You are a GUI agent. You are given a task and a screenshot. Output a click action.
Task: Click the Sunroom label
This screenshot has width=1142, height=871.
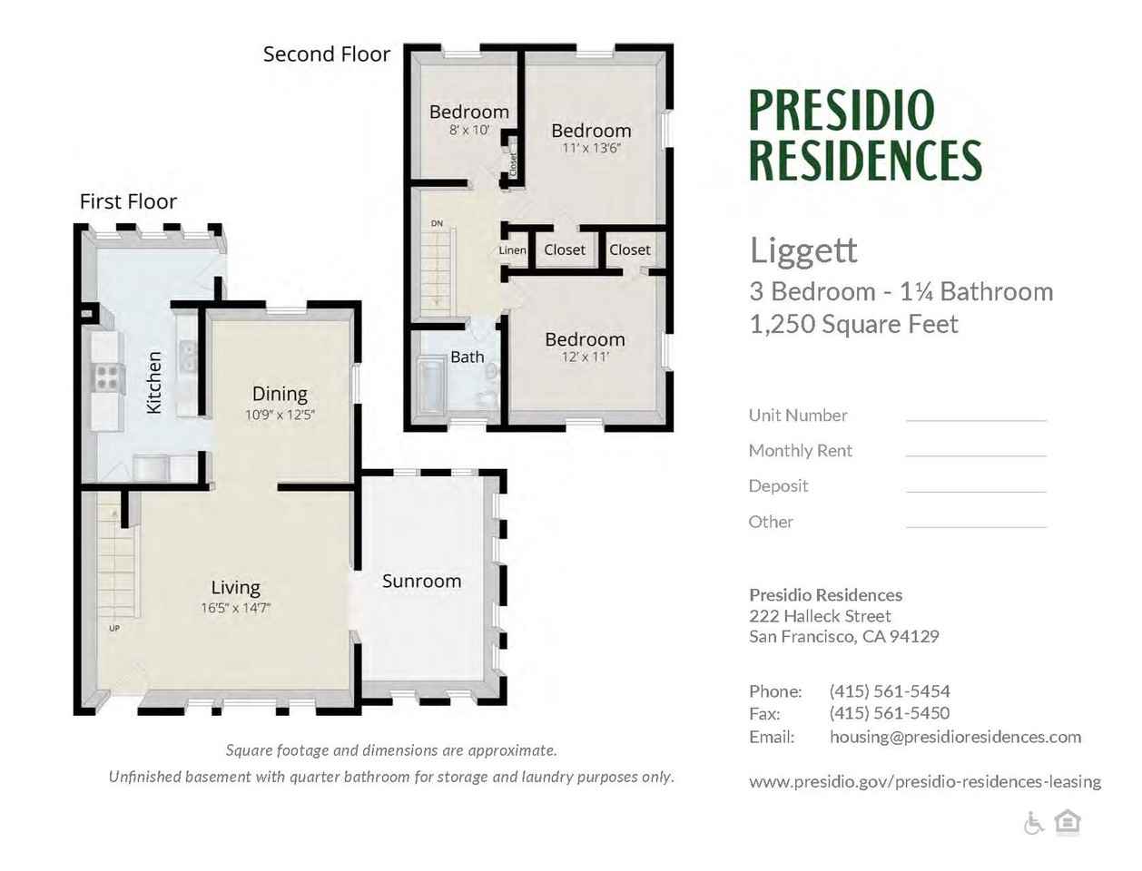[421, 581]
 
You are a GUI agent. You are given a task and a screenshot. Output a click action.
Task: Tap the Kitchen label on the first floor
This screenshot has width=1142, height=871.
[154, 383]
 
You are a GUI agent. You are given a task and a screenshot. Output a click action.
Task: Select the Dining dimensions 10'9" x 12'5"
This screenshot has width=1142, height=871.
[280, 416]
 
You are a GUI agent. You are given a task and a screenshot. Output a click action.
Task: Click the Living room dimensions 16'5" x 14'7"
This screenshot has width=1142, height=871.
[235, 608]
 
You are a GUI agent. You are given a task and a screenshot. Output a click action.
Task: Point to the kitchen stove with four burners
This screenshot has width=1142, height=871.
[107, 377]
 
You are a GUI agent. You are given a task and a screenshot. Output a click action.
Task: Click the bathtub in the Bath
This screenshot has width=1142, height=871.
[430, 387]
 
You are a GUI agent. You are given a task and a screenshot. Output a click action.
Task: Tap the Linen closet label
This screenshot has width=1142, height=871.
[512, 250]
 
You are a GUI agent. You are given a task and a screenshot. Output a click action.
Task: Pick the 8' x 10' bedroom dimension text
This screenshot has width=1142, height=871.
[469, 130]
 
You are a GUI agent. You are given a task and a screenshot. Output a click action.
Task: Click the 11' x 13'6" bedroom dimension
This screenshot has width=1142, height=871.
[591, 149]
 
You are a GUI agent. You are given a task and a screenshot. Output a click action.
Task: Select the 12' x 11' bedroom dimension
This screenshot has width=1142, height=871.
[585, 357]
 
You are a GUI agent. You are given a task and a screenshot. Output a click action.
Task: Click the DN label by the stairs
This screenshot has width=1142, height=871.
[437, 223]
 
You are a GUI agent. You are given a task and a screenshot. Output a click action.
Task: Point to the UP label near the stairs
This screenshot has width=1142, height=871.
[113, 628]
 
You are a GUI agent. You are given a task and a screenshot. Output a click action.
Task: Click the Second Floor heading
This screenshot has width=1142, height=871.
[327, 54]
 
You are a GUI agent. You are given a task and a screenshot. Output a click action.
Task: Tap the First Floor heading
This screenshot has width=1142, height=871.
[128, 201]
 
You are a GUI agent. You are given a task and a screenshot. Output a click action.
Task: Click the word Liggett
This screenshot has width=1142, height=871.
[803, 251]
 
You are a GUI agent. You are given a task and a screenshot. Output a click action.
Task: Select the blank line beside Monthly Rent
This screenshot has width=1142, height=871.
[976, 454]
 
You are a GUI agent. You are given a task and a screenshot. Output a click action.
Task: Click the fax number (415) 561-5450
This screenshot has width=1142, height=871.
[889, 713]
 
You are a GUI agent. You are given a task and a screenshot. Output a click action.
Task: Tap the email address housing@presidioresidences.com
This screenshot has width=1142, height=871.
[955, 737]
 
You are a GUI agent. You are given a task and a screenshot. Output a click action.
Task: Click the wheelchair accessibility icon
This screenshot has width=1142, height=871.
[1033, 824]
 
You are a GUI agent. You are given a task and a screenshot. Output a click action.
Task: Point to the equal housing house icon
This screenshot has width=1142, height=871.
[1068, 822]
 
